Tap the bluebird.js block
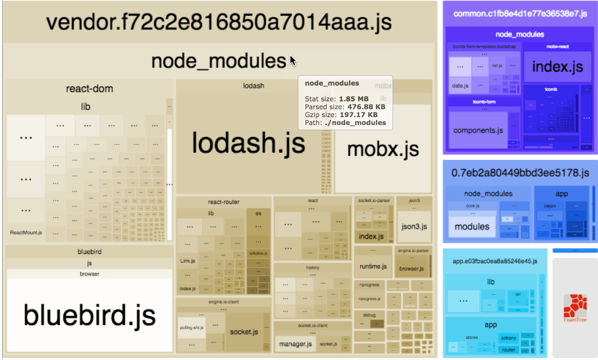point(90,314)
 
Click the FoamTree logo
point(575,309)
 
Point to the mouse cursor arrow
point(292,61)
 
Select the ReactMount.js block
point(26,232)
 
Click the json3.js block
point(414,226)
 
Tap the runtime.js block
point(373,267)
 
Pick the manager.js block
point(294,344)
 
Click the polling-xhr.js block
point(191,327)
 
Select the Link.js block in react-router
point(188,261)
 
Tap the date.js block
point(460,86)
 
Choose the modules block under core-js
point(472,226)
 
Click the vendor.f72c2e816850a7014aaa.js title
point(219,22)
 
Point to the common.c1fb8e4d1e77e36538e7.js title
point(520,13)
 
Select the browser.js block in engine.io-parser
point(412,268)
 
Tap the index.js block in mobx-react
point(557,66)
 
